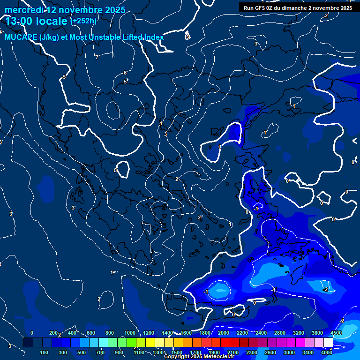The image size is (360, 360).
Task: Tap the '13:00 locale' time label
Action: coord(36,22)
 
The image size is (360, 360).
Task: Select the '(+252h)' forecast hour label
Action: coord(83,21)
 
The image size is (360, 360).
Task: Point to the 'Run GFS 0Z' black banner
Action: coord(298,8)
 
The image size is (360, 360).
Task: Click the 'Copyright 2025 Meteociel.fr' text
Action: coord(199,357)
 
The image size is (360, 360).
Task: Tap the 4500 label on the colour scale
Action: coord(336,333)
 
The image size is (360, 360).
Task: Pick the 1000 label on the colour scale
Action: coord(130,333)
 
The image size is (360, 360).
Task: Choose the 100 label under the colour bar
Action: coord(45,352)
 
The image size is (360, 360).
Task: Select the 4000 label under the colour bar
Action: coord(327,352)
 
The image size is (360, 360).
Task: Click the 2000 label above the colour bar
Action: coord(223,333)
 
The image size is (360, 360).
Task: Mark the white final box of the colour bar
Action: coord(328,343)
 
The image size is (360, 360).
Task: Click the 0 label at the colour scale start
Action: coord(32,333)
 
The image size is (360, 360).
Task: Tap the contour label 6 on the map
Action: coord(125,73)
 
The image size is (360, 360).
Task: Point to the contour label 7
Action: coord(97,58)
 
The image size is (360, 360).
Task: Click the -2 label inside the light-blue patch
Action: coord(325,289)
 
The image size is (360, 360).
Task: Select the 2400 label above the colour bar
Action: coord(261,333)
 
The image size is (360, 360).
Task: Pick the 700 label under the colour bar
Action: coord(100,352)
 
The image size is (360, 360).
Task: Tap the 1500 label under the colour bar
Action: coord(176,352)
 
